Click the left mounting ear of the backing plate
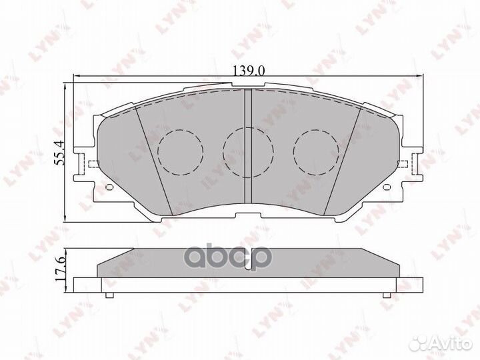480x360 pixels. tap(85, 164)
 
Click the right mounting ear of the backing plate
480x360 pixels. tap(409, 164)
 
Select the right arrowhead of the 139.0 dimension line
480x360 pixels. tap(420, 77)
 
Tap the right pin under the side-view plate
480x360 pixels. tap(385, 295)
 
